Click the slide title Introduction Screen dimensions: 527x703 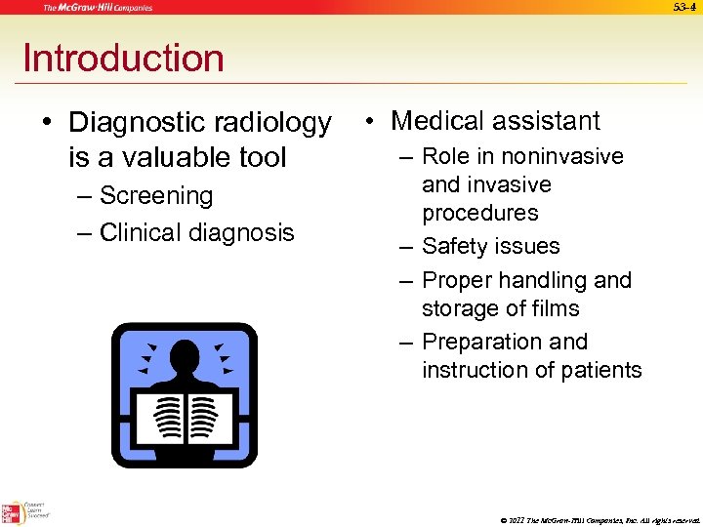(123, 59)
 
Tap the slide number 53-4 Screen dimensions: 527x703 (686, 8)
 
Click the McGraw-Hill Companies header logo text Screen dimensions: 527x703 (97, 8)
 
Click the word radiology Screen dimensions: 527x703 (276, 123)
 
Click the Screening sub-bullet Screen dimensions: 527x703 (156, 196)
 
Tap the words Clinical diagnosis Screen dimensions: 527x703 (196, 232)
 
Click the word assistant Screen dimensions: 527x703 (549, 121)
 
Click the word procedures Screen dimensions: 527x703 (479, 213)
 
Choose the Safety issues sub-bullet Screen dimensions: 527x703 (490, 246)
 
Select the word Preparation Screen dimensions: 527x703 (505, 342)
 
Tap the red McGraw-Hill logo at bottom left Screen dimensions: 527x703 (12, 512)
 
